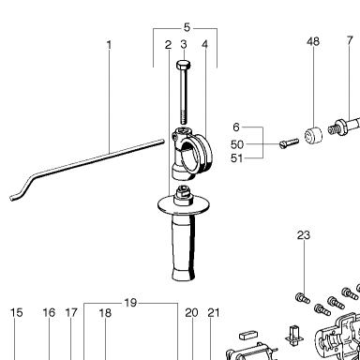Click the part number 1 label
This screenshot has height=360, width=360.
click(109, 45)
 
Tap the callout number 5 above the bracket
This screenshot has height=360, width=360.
click(187, 27)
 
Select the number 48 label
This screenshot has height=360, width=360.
click(313, 41)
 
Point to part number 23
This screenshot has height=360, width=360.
click(304, 235)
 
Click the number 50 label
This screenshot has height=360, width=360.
click(237, 144)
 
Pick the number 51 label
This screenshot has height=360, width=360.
click(236, 158)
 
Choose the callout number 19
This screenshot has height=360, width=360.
click(130, 303)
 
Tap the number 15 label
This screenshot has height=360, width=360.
click(17, 312)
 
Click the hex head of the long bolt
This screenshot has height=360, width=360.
click(184, 66)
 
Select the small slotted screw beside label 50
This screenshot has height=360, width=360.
click(289, 143)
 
